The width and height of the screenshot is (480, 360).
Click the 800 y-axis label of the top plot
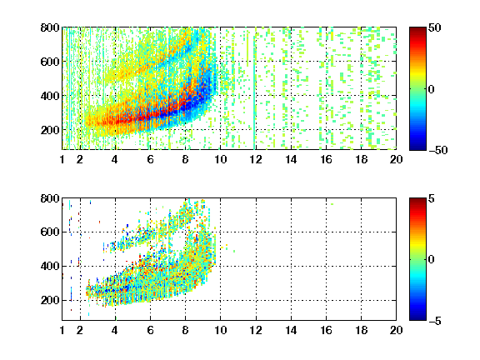click(x=50, y=27)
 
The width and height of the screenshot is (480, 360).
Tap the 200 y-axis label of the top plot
click(x=50, y=130)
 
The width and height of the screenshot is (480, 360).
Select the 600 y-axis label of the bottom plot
click(x=50, y=232)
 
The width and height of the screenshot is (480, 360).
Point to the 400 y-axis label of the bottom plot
click(x=50, y=266)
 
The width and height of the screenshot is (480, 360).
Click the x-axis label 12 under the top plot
click(x=256, y=159)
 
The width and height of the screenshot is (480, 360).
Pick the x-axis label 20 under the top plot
click(x=396, y=159)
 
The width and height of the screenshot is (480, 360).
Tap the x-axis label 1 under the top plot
click(x=62, y=159)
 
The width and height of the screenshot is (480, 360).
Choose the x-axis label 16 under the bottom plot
click(x=326, y=330)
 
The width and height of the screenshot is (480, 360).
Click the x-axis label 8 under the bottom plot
click(x=185, y=330)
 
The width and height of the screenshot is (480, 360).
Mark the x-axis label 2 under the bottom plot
click(x=80, y=330)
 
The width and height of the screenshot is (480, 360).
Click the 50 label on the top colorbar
click(x=435, y=27)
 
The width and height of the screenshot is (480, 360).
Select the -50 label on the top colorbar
click(x=437, y=150)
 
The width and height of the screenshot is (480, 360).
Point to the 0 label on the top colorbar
click(x=432, y=89)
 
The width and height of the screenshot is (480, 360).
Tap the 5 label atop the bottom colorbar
click(x=432, y=198)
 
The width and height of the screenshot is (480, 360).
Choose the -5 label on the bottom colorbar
click(x=435, y=321)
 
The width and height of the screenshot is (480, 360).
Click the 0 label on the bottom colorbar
click(x=432, y=260)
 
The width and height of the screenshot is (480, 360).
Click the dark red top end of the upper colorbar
click(x=417, y=29)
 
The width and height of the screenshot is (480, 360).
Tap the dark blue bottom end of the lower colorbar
click(x=417, y=317)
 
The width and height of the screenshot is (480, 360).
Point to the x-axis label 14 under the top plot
click(x=291, y=159)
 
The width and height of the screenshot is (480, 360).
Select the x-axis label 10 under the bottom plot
click(x=220, y=330)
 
